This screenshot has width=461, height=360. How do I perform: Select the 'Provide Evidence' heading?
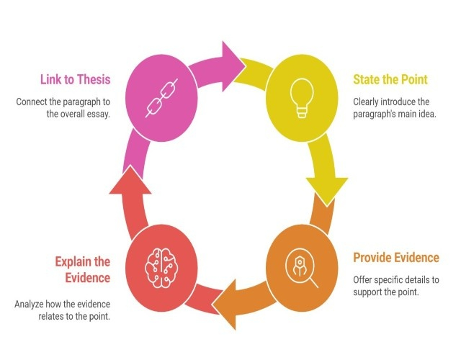tap(395, 257)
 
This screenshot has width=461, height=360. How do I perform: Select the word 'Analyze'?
tap(30, 304)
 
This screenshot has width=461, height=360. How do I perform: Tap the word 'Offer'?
tap(363, 280)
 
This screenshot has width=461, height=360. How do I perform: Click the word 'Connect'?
tap(32, 102)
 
